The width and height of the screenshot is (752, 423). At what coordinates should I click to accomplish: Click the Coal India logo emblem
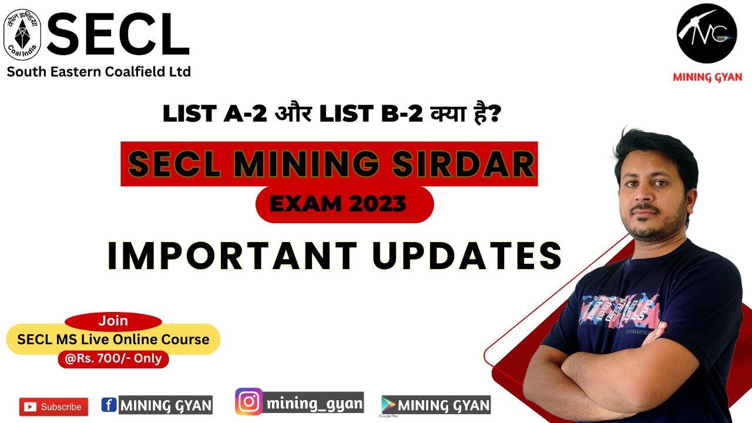22,33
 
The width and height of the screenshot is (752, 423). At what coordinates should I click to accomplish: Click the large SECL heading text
117,35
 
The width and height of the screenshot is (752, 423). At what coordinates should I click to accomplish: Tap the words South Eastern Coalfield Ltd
99,72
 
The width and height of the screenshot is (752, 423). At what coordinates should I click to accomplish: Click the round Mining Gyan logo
706,33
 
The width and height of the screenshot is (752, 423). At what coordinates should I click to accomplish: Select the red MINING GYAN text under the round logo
707,77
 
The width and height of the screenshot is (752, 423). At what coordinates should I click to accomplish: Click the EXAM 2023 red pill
345,204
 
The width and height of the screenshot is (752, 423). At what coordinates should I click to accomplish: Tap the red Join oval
113,321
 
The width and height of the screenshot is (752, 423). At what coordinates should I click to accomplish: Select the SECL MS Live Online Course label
113,340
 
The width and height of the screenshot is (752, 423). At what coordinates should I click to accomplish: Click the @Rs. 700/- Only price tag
113,358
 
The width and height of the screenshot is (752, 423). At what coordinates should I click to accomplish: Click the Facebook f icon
109,405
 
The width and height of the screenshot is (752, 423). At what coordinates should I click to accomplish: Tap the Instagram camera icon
249,402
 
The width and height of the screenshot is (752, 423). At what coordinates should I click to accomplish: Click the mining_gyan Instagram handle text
314,403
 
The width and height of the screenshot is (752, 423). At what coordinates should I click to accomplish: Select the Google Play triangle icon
388,405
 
